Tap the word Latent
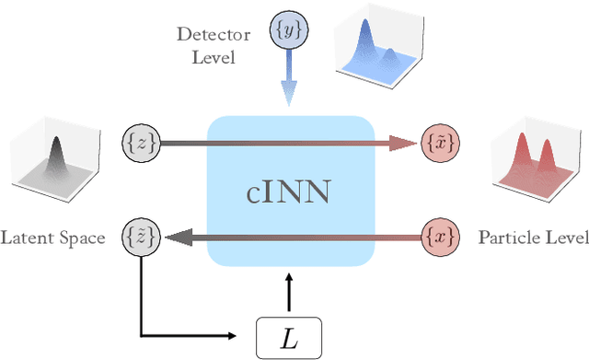[29, 238]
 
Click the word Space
[83, 238]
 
